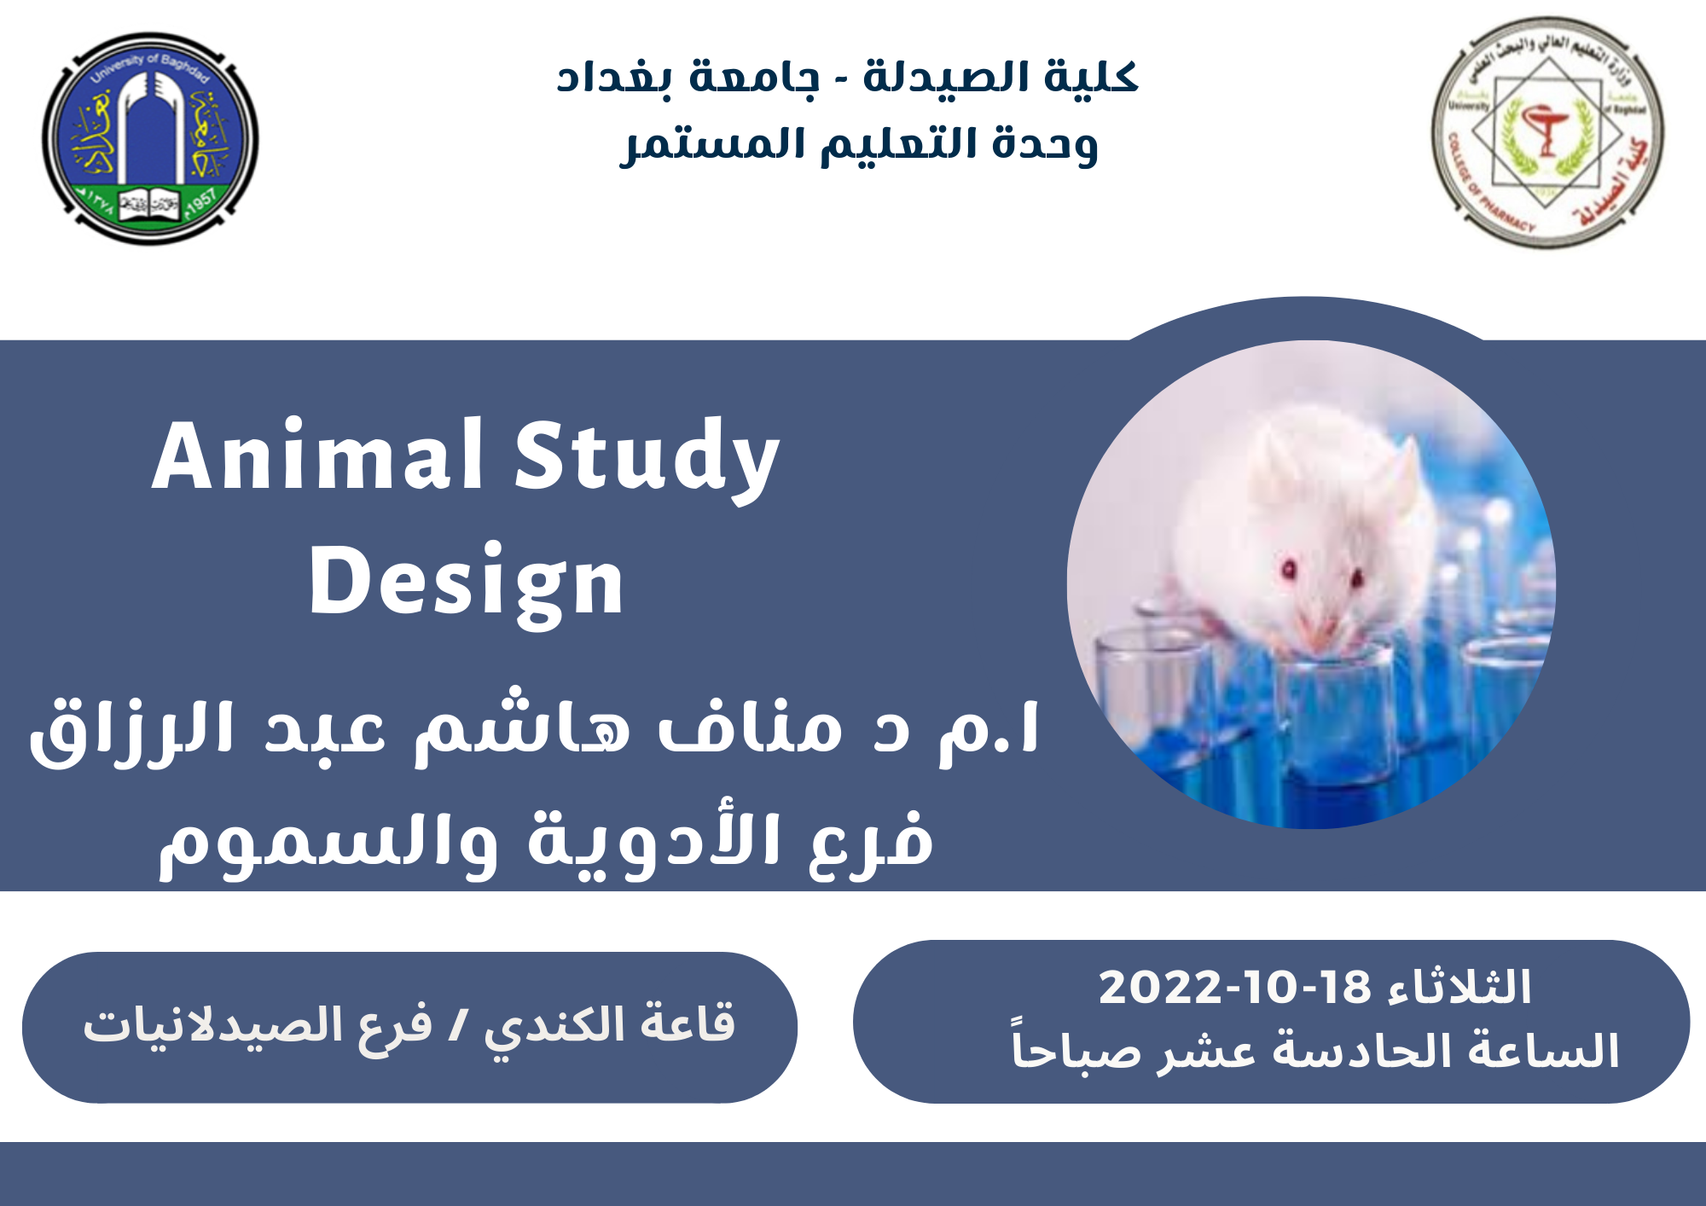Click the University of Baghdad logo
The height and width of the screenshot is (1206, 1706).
pyautogui.click(x=150, y=139)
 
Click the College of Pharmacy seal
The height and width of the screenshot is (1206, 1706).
pyautogui.click(x=1547, y=133)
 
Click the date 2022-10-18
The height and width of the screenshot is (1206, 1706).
pyautogui.click(x=1234, y=988)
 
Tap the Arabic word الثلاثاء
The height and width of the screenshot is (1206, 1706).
pyautogui.click(x=1459, y=988)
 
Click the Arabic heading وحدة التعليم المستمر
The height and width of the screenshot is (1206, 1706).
pyautogui.click(x=858, y=143)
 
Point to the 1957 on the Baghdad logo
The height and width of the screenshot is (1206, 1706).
pyautogui.click(x=202, y=203)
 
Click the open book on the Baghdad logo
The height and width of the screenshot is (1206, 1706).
pyautogui.click(x=150, y=206)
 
